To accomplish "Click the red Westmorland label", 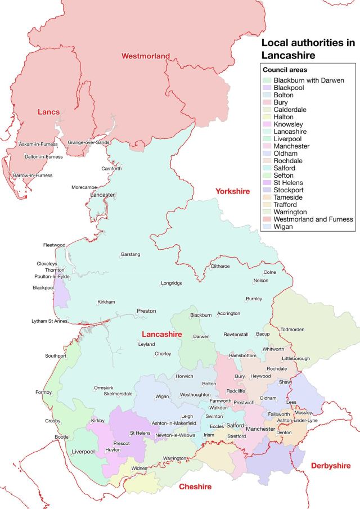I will coord(146,56).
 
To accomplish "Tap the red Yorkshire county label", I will coord(232,192).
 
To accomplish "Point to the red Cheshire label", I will coord(195,487).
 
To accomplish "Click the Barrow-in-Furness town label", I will coord(33,175).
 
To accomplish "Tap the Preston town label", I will coord(146,311).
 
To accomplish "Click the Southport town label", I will coord(56,356).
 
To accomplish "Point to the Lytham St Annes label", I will coord(49,321).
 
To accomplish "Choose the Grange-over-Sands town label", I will coord(88,143).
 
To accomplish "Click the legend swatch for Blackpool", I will coord(267,88).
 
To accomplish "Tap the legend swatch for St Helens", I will coord(267,183).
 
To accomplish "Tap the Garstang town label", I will coord(130,255).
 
